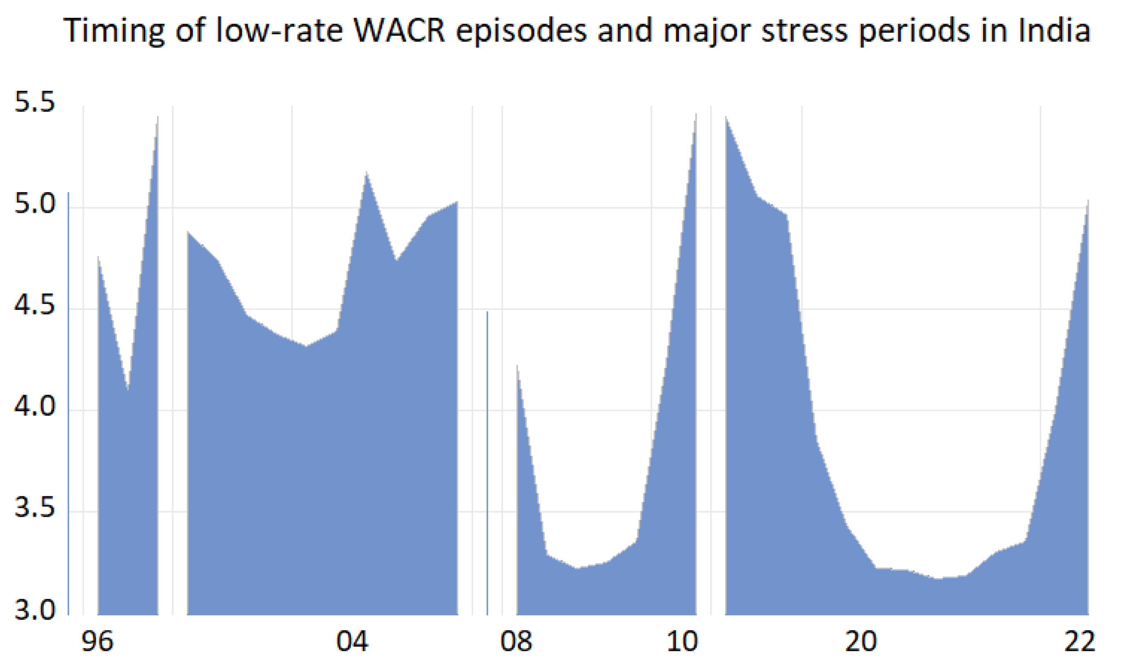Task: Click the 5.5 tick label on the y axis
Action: pos(35,102)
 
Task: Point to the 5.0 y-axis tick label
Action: pos(35,204)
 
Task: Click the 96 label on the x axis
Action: pos(97,641)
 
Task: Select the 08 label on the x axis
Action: pos(516,641)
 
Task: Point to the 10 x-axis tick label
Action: pos(682,641)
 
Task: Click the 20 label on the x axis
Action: pos(861,641)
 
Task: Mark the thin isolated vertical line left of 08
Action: pos(487,462)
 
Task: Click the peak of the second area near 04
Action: pos(366,172)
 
